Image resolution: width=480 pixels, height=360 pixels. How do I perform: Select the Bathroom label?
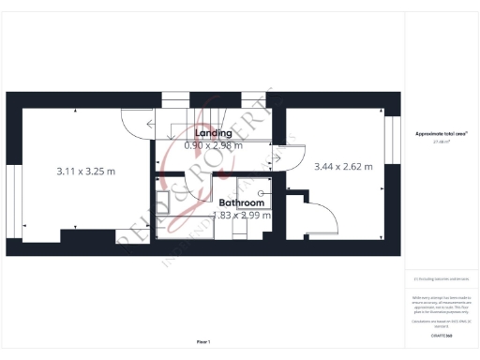[240, 202]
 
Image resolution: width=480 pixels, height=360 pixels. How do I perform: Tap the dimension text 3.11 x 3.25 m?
[85, 172]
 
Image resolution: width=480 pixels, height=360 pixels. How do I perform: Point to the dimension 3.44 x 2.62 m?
[342, 166]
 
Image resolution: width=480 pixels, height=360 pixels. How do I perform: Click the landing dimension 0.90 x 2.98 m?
[213, 145]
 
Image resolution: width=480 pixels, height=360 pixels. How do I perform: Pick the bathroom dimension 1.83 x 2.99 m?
[242, 215]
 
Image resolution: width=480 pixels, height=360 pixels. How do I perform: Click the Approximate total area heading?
[441, 134]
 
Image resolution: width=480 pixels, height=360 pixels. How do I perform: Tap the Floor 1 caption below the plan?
[203, 341]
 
